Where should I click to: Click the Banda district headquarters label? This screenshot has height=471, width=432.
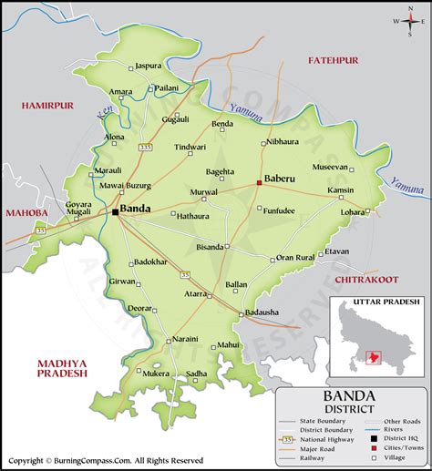(x=135, y=209)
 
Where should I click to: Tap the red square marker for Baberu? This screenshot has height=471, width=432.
(x=260, y=182)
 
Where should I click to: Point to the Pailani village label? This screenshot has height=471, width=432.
(x=167, y=87)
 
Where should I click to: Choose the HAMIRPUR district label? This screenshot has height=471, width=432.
(x=34, y=107)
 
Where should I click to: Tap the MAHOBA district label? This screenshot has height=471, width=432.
(x=25, y=213)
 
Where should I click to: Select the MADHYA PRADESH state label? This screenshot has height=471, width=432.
(x=62, y=367)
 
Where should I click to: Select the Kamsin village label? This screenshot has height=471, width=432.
(x=339, y=189)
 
